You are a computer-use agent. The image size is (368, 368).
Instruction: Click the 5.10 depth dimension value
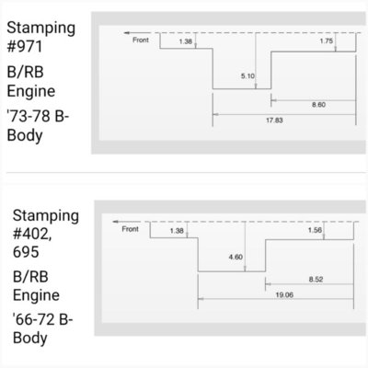tap(247, 76)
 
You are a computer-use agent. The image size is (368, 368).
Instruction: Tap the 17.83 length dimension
tap(274, 121)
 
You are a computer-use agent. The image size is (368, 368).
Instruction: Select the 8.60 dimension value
tap(318, 105)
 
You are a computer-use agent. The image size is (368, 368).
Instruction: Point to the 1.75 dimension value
tap(326, 41)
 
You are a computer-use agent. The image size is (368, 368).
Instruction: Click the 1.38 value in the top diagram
tap(186, 41)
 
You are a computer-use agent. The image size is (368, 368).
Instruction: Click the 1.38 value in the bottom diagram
tap(177, 231)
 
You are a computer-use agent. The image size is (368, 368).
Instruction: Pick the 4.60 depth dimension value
tap(236, 257)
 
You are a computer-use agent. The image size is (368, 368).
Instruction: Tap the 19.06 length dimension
tap(284, 295)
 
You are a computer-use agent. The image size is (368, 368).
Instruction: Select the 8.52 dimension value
tap(316, 280)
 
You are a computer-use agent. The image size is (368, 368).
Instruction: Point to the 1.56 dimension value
tap(315, 230)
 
